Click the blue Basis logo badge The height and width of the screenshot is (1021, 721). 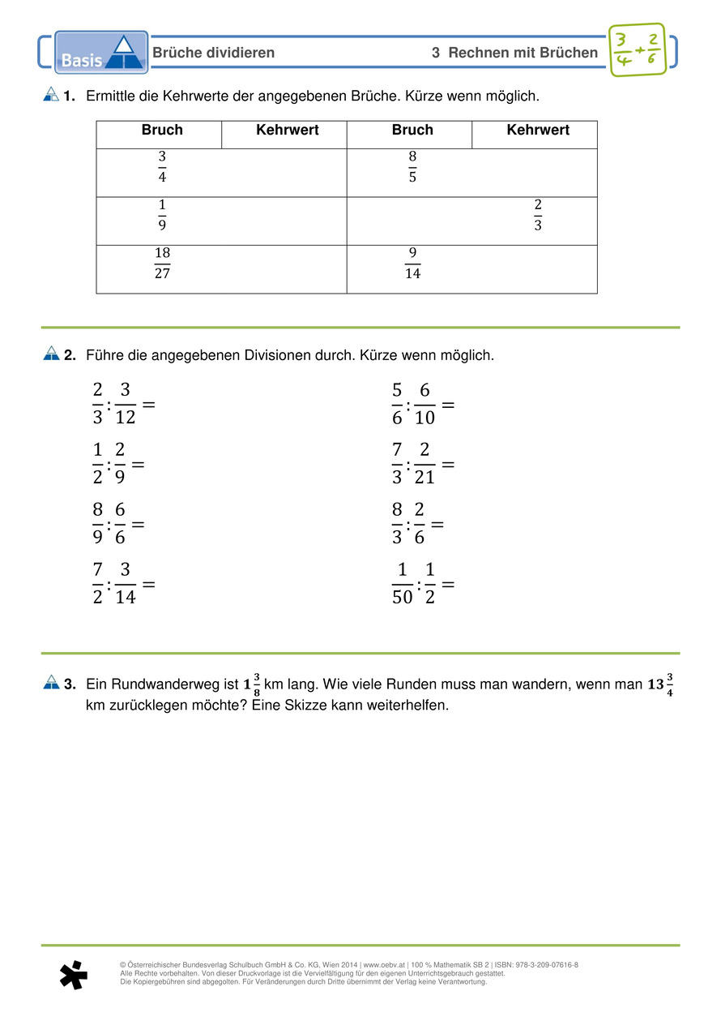(101, 53)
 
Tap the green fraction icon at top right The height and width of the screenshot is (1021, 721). (636, 50)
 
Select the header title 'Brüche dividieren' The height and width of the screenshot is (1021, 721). (214, 53)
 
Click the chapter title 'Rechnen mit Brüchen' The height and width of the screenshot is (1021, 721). (523, 53)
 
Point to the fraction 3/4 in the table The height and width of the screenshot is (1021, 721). (162, 165)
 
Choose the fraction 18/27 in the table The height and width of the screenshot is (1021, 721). (162, 263)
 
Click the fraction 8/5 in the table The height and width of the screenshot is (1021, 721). (412, 165)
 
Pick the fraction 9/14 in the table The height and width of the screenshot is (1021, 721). (412, 263)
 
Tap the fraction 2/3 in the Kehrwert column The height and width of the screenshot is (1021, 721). (538, 215)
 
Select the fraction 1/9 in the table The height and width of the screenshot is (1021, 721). (162, 215)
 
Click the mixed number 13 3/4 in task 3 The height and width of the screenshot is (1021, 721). (661, 684)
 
